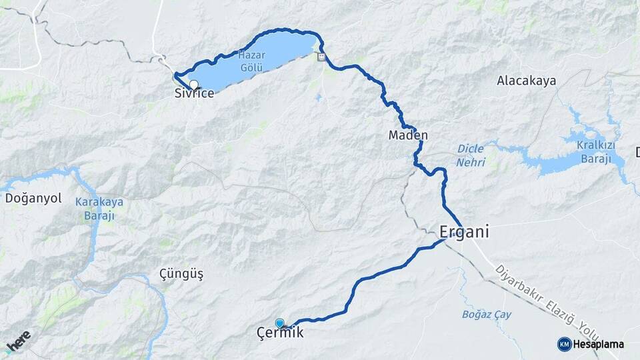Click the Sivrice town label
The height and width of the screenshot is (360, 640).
[x=194, y=93]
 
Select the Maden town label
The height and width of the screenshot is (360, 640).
[x=408, y=135]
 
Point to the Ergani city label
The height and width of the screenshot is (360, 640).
[x=465, y=232]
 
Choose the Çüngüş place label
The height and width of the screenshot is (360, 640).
[x=181, y=274]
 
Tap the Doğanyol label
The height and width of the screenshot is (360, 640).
[x=33, y=198]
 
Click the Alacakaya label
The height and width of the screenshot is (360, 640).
[x=527, y=81]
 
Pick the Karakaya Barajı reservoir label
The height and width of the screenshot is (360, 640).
[x=95, y=209]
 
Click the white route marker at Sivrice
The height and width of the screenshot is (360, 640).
[x=194, y=85]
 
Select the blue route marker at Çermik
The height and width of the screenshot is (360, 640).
[x=279, y=323]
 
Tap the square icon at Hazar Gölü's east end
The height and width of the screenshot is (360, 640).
[x=322, y=57]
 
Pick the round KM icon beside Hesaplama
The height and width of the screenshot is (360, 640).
[x=564, y=344]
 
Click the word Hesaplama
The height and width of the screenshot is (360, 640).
[x=598, y=345]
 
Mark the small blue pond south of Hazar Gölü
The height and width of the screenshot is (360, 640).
[x=319, y=99]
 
